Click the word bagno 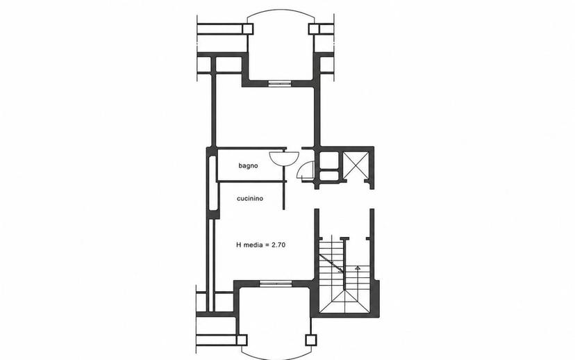[248, 166]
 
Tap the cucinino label [250, 199]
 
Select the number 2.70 [278, 245]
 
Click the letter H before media [239, 245]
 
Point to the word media [253, 245]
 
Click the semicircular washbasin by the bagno [283, 158]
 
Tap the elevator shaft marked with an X [356, 165]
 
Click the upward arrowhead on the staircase [358, 268]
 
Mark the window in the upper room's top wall [280, 83]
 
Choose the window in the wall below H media [276, 283]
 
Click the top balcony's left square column [248, 29]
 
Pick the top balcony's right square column [315, 29]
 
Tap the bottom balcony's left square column [242, 340]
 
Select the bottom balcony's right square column [311, 340]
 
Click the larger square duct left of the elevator [328, 160]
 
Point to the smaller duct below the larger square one [328, 175]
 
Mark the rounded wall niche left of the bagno [213, 183]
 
